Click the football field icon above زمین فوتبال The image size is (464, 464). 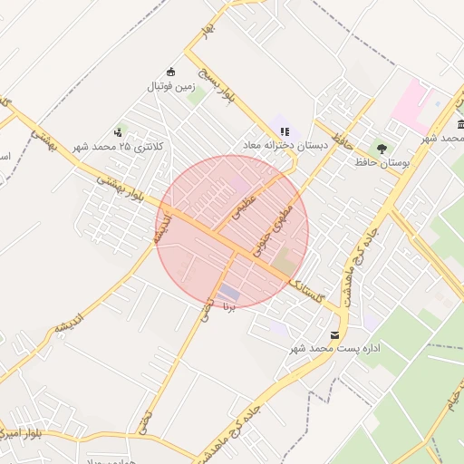click(169, 72)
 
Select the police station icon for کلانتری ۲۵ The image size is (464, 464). click(119, 132)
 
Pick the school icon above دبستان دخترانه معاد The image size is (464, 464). click(285, 131)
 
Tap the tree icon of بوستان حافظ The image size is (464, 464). click(382, 148)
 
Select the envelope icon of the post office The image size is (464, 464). click(336, 335)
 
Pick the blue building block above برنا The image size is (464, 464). click(230, 293)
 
